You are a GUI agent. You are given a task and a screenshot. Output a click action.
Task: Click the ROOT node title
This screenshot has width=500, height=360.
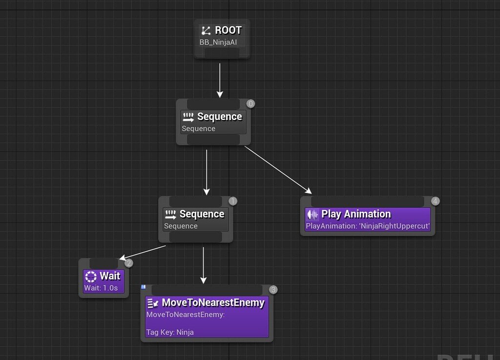[228, 30]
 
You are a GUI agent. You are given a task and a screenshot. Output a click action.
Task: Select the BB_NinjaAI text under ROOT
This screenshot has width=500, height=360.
[218, 42]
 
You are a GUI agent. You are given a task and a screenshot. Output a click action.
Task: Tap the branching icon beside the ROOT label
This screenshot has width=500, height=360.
[206, 31]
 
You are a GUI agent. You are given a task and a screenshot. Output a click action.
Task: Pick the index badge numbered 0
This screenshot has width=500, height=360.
[251, 103]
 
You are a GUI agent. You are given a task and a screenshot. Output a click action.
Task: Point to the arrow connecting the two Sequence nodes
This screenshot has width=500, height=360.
[207, 172]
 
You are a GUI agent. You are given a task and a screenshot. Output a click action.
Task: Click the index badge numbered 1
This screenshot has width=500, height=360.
[233, 201]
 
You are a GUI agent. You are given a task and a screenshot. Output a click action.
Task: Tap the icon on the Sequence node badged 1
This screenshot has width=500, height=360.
[170, 214]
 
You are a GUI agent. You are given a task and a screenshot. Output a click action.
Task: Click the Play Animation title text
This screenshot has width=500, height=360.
[356, 214]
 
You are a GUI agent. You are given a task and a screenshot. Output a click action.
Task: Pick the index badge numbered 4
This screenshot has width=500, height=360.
[436, 201]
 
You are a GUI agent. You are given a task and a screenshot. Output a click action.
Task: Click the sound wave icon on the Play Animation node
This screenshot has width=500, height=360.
[312, 214]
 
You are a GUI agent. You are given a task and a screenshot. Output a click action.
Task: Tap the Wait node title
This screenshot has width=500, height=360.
[110, 276]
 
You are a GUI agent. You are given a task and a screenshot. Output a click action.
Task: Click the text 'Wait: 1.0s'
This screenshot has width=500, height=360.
[101, 288]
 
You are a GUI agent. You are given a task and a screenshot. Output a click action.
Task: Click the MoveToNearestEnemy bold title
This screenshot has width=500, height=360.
[213, 303]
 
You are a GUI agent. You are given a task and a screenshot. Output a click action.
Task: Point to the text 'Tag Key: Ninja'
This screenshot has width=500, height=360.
[170, 332]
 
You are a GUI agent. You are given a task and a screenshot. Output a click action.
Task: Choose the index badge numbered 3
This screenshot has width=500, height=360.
[273, 290]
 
